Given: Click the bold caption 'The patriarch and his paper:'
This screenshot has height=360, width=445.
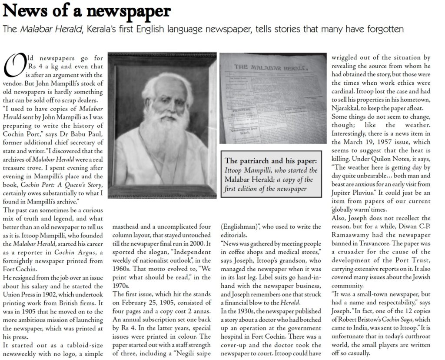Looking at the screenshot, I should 268,159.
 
